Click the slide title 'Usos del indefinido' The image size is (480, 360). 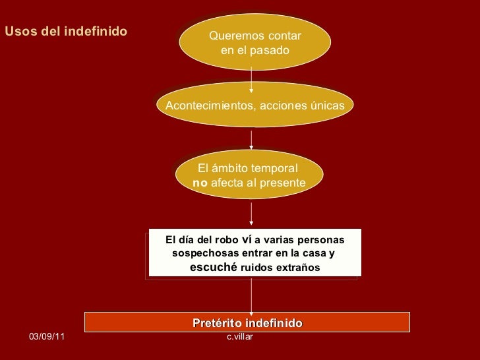click(66, 31)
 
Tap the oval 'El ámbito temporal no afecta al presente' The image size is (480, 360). click(251, 175)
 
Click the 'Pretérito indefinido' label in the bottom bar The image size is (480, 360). click(247, 322)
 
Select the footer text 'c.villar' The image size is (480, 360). click(240, 337)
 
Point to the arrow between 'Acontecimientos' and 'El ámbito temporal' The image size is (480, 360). click(251, 139)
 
